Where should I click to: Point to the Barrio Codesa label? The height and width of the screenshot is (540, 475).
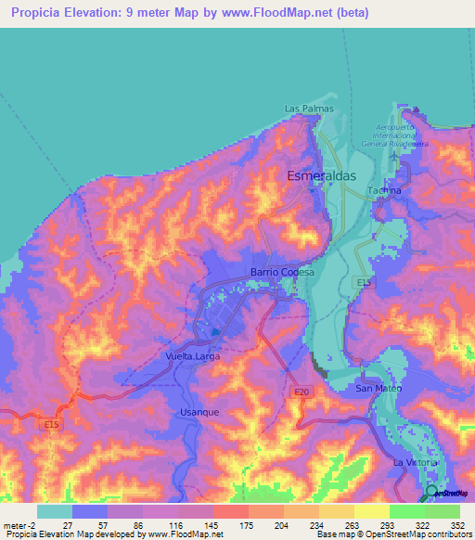[283, 272]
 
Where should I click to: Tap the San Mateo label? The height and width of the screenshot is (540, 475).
[379, 388]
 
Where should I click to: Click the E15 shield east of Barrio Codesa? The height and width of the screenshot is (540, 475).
[363, 282]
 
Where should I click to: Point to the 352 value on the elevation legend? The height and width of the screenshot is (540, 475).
[457, 525]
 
